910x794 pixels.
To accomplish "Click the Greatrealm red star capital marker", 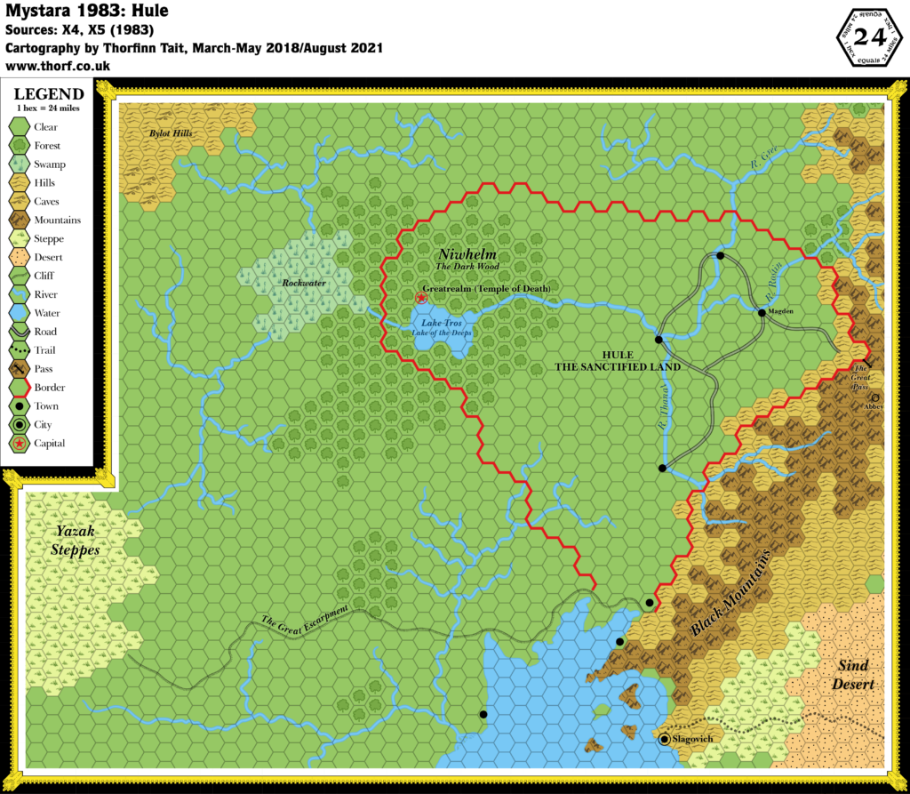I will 421,298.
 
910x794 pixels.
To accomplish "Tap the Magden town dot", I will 762,312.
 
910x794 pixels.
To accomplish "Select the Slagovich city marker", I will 665,738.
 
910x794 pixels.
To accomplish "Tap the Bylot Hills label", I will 174,134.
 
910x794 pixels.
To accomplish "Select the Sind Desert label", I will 859,675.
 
